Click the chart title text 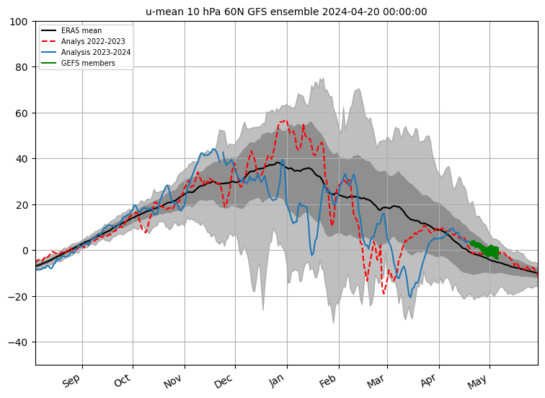(286, 12)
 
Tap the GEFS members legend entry (89, 63)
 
